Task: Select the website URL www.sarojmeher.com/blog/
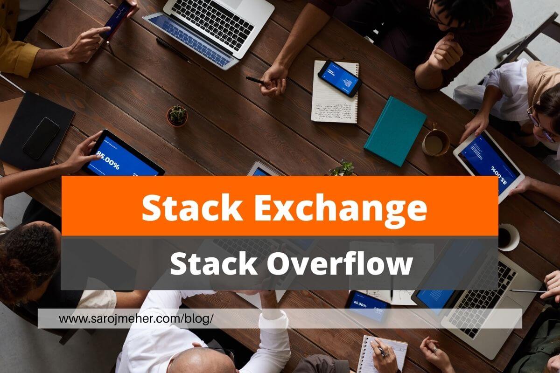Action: [x=136, y=319]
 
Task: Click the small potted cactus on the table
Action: [x=177, y=116]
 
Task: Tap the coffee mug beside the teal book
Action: [x=435, y=143]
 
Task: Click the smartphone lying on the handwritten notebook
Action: [x=340, y=78]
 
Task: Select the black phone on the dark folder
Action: [x=41, y=138]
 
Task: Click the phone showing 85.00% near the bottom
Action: [x=367, y=306]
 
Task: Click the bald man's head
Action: [x=208, y=361]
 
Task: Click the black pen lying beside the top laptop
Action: [x=173, y=49]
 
